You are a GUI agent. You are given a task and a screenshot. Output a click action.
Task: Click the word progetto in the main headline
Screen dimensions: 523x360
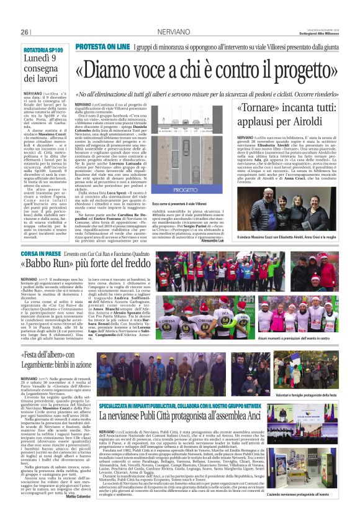pos(301,73)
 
